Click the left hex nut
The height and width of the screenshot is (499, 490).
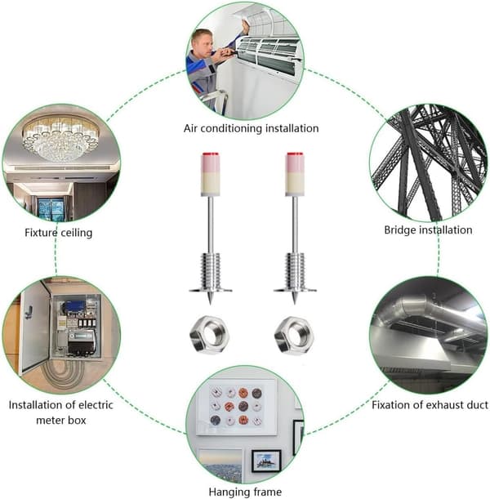click(209, 334)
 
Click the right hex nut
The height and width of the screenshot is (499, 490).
click(294, 334)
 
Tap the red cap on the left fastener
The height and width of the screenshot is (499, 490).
click(211, 154)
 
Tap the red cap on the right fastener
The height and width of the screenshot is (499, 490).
click(295, 154)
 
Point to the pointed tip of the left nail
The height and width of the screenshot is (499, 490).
click(211, 304)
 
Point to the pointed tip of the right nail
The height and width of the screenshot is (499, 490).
click(295, 304)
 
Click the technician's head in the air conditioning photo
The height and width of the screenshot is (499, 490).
click(203, 42)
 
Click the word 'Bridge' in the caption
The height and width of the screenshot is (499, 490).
click(399, 230)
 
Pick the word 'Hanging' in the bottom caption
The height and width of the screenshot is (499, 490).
click(227, 492)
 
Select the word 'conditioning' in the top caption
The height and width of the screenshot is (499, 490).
click(231, 128)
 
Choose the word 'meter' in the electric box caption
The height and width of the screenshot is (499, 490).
click(49, 421)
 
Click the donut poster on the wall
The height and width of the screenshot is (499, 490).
click(236, 407)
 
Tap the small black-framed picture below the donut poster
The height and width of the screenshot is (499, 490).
click(266, 461)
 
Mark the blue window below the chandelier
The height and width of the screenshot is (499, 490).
click(51, 208)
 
